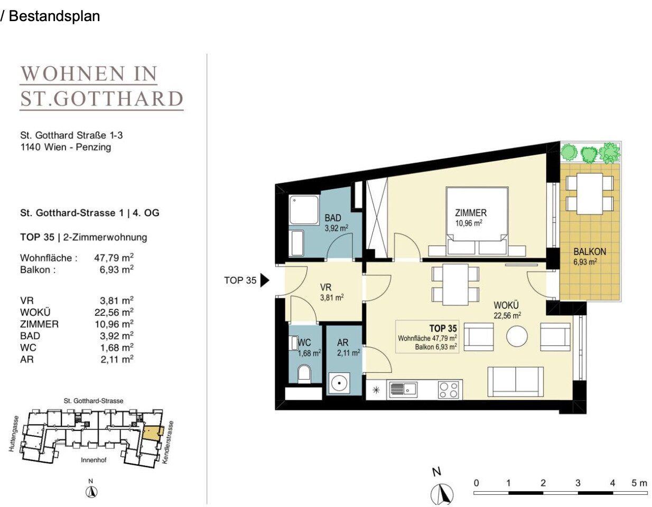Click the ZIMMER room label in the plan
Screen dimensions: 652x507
[x=470, y=213]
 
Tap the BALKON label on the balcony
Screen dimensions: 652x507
[x=590, y=251]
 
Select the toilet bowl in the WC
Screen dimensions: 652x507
[x=304, y=374]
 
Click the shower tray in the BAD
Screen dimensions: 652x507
[x=304, y=210]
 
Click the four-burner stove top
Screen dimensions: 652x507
[x=448, y=390]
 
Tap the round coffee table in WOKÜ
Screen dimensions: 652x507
[x=517, y=336]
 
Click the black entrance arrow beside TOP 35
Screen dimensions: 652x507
[x=264, y=280]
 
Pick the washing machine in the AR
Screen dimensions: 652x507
[x=339, y=383]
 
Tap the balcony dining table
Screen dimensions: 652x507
[x=590, y=194]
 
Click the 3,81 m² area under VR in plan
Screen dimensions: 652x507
[x=331, y=298]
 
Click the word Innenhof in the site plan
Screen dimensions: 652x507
[x=94, y=460]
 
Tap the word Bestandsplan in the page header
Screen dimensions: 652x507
[x=54, y=16]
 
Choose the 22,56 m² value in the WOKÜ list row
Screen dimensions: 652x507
[x=114, y=312]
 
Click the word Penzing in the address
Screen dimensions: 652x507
[x=94, y=147]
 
